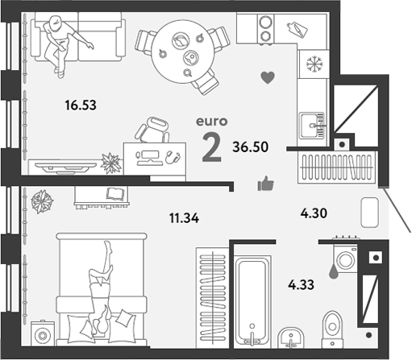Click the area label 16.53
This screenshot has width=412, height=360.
(81, 105)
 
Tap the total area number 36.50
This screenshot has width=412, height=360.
(251, 147)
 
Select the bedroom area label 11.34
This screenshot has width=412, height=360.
(185, 218)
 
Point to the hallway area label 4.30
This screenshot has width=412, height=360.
(314, 213)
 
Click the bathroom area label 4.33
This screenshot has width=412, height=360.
(301, 284)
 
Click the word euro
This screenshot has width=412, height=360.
(212, 122)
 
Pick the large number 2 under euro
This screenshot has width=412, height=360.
(212, 148)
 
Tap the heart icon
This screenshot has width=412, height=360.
(268, 78)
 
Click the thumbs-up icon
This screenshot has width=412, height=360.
(266, 184)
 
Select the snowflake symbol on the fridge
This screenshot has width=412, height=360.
(315, 64)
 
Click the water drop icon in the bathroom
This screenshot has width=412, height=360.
(334, 271)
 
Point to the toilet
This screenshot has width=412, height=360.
(332, 329)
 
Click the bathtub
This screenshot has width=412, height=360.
(252, 301)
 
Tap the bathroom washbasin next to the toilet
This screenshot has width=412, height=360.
(291, 337)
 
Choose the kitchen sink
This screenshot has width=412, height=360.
(312, 125)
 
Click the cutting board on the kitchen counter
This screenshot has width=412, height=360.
(298, 29)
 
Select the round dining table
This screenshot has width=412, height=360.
(183, 52)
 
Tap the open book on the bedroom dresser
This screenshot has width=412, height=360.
(115, 193)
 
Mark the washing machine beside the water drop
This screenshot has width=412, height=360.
(346, 258)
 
